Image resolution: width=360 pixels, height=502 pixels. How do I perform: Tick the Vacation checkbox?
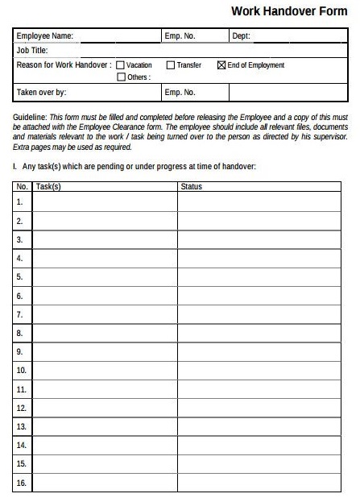(121, 65)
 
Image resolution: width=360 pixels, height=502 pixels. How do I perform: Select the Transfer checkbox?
(171, 65)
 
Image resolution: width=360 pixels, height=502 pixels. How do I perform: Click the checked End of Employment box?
(221, 65)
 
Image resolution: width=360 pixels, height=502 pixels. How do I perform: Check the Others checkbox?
(121, 77)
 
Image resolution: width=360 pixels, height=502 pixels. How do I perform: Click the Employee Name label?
(44, 36)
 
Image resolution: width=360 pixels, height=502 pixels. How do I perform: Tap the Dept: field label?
(241, 36)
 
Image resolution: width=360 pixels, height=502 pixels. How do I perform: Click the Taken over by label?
(41, 93)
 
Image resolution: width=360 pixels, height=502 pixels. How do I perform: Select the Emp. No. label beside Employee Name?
(180, 36)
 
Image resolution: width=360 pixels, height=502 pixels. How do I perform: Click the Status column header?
(192, 187)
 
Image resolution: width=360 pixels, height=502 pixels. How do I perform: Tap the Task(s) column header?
(48, 187)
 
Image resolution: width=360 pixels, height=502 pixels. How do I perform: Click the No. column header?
(22, 187)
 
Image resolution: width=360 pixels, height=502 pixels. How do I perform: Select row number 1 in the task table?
(20, 201)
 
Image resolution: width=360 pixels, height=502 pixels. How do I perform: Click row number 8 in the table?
(20, 333)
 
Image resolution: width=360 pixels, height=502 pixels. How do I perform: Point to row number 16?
(22, 483)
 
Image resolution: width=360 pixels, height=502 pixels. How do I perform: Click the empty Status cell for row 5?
(263, 276)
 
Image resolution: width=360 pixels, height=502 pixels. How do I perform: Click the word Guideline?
(30, 118)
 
